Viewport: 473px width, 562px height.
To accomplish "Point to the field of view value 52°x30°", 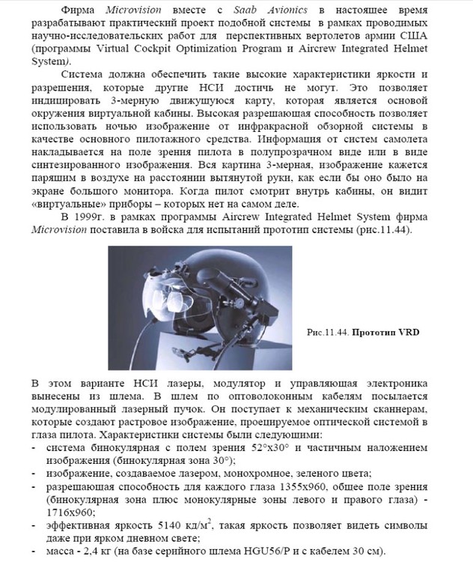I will (302, 447).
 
